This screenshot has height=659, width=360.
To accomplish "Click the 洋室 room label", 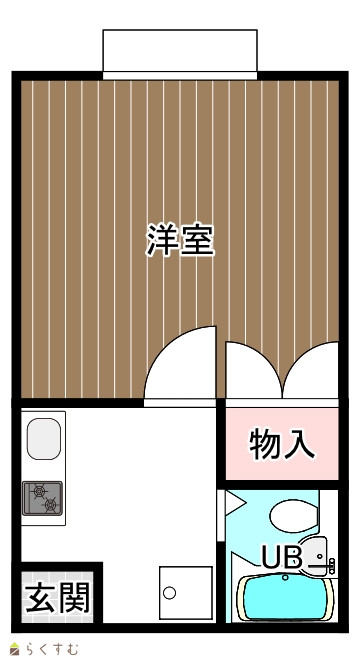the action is click(x=180, y=240).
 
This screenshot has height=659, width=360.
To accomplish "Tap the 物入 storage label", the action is click(x=282, y=444).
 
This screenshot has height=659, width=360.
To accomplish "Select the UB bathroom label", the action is click(x=282, y=557).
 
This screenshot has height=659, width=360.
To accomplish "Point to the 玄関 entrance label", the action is click(x=58, y=597).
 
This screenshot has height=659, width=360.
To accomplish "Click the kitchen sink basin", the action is click(x=44, y=438).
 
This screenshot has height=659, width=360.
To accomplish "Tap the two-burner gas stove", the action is click(x=42, y=498).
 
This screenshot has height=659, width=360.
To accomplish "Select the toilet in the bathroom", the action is click(x=294, y=516).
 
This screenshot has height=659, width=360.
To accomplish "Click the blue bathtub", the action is click(x=286, y=598).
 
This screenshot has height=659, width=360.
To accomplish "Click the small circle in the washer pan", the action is click(x=169, y=593).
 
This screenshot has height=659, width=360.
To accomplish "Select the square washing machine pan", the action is click(x=186, y=593).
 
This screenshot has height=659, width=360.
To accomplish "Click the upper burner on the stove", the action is click(x=39, y=490).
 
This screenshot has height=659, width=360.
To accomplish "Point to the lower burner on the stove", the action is click(x=51, y=504).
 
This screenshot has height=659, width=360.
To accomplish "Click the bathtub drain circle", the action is click(x=285, y=577).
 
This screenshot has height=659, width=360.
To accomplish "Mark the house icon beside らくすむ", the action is click(x=16, y=649).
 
